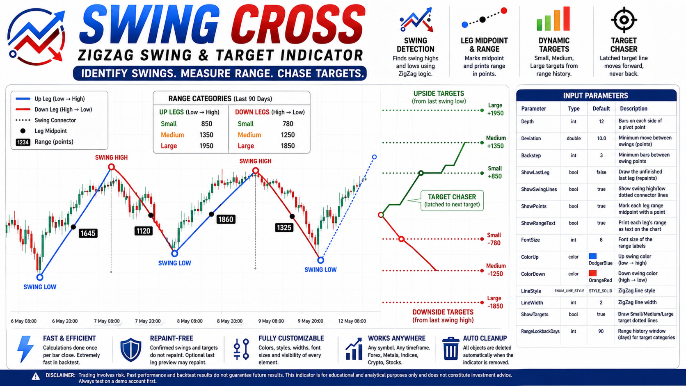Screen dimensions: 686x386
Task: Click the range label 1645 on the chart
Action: coord(88,233)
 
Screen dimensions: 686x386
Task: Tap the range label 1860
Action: coord(226,219)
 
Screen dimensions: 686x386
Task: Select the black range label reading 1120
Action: coord(143,231)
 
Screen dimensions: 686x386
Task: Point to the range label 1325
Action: coord(284,227)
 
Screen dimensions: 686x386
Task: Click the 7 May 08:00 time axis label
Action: coord(107,321)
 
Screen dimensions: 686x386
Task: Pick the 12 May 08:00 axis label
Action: coord(352,321)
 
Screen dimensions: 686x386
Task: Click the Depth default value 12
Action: coord(601,121)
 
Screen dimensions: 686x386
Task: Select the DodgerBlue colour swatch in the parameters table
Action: coord(592,256)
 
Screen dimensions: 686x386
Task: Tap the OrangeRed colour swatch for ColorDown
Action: coord(592,273)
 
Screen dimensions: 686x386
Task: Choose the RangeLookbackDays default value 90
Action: coord(601,331)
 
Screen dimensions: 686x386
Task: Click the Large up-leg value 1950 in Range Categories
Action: coord(206,146)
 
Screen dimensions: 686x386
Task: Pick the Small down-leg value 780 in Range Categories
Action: coord(288,123)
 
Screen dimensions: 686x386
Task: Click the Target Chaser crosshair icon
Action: coord(624,20)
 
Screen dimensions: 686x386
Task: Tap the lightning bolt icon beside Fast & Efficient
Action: coord(25,349)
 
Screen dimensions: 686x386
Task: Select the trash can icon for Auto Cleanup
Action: coord(450,349)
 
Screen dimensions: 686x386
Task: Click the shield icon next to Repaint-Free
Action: coord(131,349)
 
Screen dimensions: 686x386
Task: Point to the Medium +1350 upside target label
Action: coord(496,142)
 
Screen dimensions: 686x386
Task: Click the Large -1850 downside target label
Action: coord(494,302)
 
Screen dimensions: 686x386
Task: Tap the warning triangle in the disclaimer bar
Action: coord(36,377)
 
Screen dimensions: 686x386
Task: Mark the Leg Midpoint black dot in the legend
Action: coord(23,131)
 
